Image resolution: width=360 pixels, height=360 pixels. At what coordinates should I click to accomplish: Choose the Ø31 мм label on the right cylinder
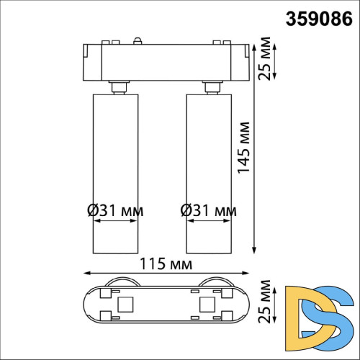click(207, 211)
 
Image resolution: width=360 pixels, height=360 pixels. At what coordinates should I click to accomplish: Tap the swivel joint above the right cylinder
click(211, 88)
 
